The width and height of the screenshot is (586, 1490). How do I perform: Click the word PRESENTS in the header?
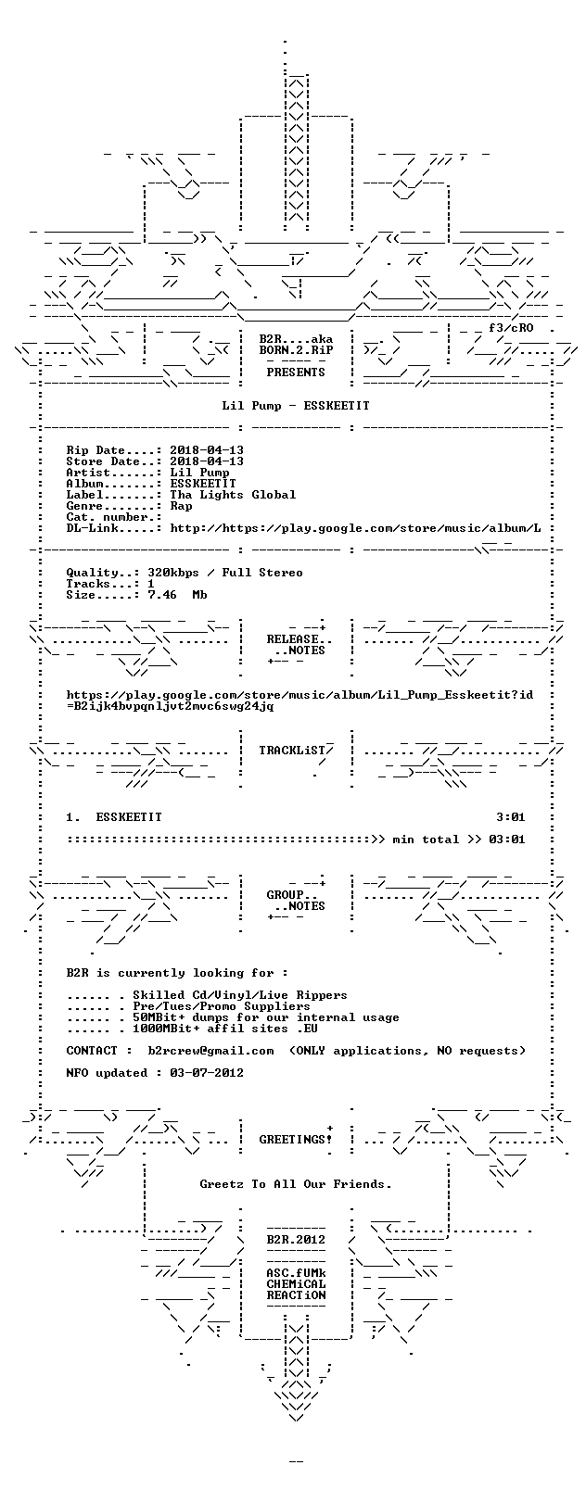coord(296,372)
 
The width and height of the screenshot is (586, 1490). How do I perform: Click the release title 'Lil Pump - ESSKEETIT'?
coord(296,406)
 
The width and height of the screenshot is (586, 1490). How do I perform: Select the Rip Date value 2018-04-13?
coord(207,450)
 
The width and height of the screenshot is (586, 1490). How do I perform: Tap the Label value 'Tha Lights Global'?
coord(233,495)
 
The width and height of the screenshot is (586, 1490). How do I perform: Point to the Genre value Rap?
coord(181,506)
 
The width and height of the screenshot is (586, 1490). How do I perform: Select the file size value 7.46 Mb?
coord(177,595)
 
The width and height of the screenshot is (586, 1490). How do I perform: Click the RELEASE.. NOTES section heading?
coord(296,645)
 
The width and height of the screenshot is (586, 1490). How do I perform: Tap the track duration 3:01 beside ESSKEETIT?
coord(511,817)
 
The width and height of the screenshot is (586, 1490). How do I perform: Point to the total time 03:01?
coord(507,840)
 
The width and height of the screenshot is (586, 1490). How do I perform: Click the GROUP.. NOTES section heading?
coord(296,900)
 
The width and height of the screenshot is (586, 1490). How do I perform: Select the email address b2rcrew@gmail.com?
coord(210,1051)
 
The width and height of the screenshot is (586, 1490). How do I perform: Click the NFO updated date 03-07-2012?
coord(207,1073)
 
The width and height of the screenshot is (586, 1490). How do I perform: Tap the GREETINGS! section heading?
coord(296,1140)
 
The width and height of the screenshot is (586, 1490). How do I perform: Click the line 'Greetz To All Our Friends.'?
coord(296,1184)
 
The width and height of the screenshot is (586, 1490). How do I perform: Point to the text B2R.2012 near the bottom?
coord(296,1240)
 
